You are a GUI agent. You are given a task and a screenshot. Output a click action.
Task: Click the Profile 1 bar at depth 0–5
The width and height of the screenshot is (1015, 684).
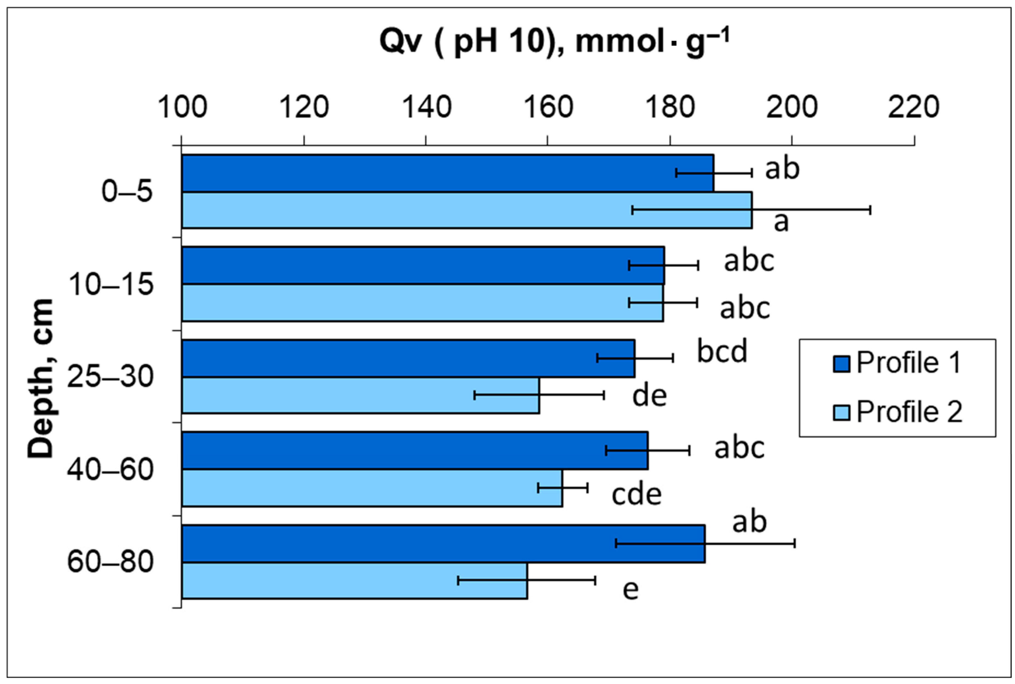pyautogui.click(x=436, y=173)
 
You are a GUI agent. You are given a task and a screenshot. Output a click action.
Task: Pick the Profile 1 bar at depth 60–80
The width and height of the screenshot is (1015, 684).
pyautogui.click(x=436, y=543)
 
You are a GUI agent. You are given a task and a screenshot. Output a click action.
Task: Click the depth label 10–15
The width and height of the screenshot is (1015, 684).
pyautogui.click(x=111, y=284)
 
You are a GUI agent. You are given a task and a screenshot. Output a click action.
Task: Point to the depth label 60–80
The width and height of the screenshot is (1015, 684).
pyautogui.click(x=110, y=562)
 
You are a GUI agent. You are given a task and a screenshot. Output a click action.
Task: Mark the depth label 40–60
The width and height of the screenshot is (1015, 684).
pyautogui.click(x=110, y=470)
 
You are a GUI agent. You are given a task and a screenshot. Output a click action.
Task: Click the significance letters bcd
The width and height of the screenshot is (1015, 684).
pyautogui.click(x=722, y=352)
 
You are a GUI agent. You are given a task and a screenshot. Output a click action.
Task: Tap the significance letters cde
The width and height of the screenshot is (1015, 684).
pyautogui.click(x=636, y=494)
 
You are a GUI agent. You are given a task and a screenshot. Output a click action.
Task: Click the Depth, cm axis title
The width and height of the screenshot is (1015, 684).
pyautogui.click(x=41, y=378)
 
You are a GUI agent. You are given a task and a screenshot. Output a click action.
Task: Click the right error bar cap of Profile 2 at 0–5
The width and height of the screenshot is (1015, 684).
pyautogui.click(x=870, y=210)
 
